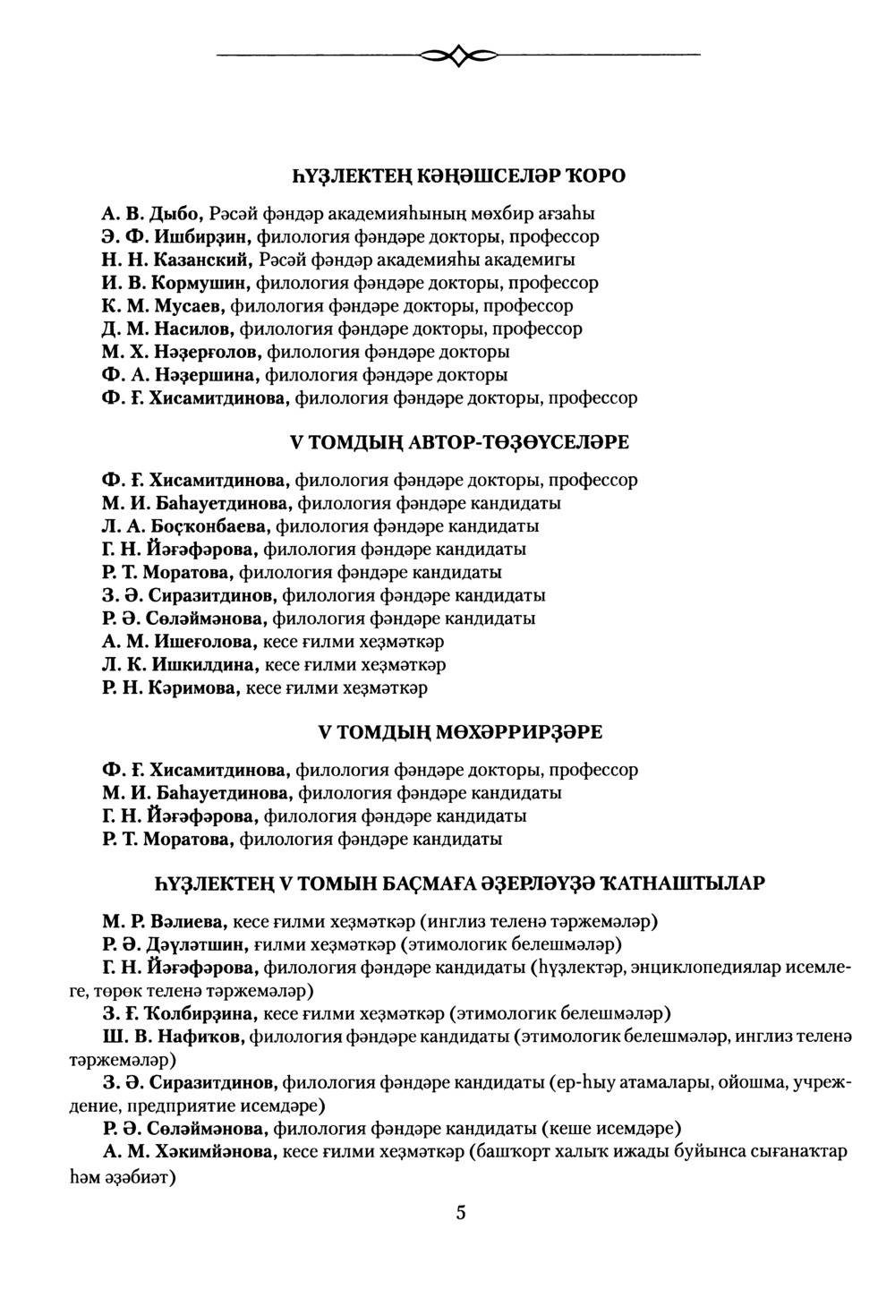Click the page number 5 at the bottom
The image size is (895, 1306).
click(460, 1213)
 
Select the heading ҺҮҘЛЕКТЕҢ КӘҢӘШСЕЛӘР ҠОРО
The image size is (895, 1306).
click(458, 175)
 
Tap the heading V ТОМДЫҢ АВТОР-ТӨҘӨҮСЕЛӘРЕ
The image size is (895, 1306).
click(459, 442)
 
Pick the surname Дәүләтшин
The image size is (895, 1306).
click(198, 943)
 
